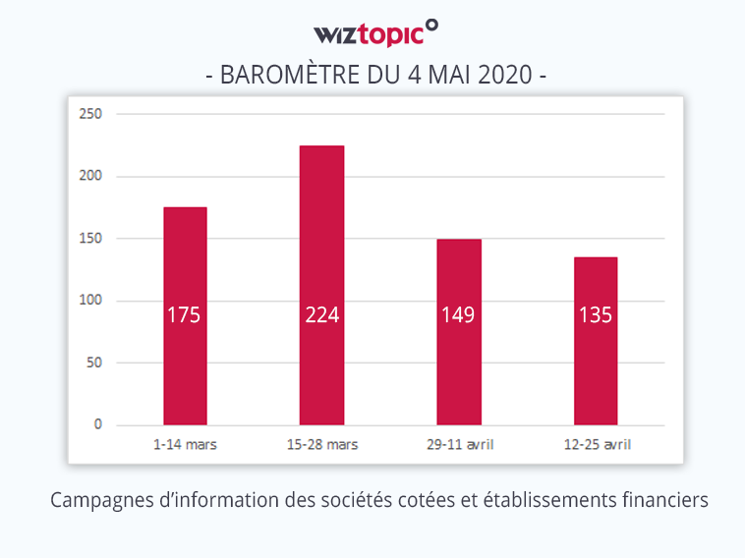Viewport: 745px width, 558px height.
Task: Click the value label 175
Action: [185, 315]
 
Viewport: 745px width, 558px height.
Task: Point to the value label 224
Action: [321, 315]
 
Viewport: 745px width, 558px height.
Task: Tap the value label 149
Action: [459, 315]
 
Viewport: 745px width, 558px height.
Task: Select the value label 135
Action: [596, 315]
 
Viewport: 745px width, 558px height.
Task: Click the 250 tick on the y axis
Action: [91, 114]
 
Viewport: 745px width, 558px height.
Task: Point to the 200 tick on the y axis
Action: [91, 176]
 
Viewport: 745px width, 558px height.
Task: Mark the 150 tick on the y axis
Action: [91, 239]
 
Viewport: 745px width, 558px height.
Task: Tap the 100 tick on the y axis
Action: [91, 301]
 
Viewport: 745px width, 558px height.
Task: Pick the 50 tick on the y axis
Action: [94, 363]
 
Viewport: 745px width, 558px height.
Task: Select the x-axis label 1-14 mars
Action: [185, 445]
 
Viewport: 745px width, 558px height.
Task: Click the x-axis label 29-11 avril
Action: [459, 445]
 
